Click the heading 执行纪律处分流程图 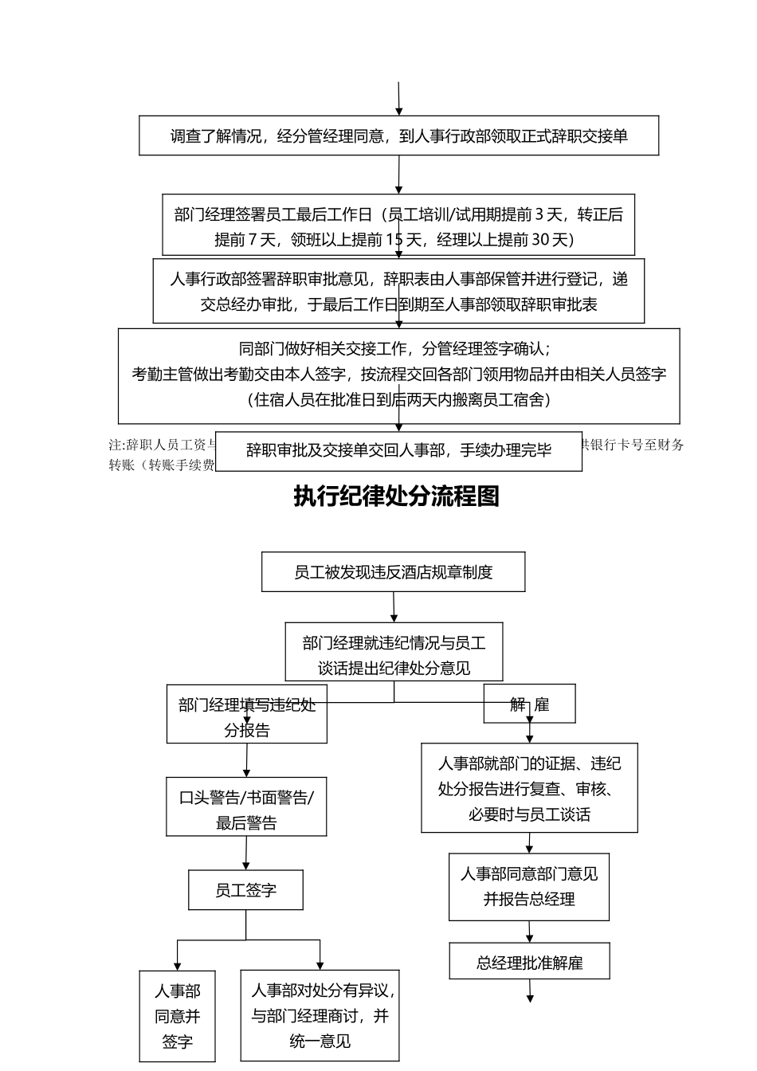coord(396,496)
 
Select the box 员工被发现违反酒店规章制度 coord(393,572)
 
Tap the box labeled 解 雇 coord(529,704)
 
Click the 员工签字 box coord(245,890)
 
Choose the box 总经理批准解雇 coord(529,962)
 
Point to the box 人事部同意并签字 coord(177,1016)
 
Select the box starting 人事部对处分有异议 coord(320,1016)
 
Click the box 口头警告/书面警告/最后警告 coord(246,810)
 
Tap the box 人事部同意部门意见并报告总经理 coord(529,886)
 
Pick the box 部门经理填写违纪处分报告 coord(246,716)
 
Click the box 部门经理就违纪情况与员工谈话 coord(394,655)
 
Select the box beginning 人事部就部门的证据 coord(529,789)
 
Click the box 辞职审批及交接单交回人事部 coord(398,450)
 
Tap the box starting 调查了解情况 coord(398,135)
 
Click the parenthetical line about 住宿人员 coord(398,399)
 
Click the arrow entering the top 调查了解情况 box coord(398,99)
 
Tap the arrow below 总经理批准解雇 coord(530,991)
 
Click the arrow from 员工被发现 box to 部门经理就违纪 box coord(394,607)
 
